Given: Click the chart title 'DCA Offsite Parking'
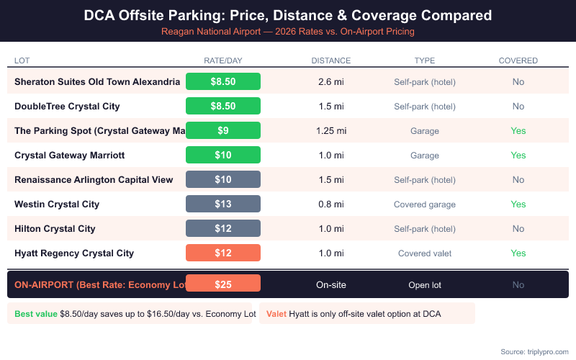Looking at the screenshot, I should click(x=288, y=14).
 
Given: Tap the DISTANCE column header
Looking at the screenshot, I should click(x=330, y=60).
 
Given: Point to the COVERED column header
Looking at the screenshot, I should click(x=518, y=60).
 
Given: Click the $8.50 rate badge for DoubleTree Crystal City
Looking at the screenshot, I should click(x=223, y=107).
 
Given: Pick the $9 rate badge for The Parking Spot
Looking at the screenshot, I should click(x=223, y=131).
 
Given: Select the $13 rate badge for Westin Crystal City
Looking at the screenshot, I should click(x=223, y=204).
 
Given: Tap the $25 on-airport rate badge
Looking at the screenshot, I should click(x=223, y=284).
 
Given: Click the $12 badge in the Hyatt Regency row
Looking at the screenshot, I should click(x=223, y=253).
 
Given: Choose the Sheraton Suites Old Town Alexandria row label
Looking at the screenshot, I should click(x=97, y=82).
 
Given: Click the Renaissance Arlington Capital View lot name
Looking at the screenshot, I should click(x=94, y=180).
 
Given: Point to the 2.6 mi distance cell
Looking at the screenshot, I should click(x=330, y=82).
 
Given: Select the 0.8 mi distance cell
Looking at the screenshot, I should click(x=330, y=204).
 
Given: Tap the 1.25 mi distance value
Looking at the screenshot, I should click(x=330, y=131).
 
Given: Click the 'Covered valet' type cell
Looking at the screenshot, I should click(x=424, y=253).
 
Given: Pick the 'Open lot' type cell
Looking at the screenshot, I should click(x=424, y=285).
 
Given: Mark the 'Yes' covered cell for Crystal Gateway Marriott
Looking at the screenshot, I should click(x=518, y=156).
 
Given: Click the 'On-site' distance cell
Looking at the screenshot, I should click(x=330, y=285).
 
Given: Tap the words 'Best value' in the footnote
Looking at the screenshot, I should click(x=36, y=314).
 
